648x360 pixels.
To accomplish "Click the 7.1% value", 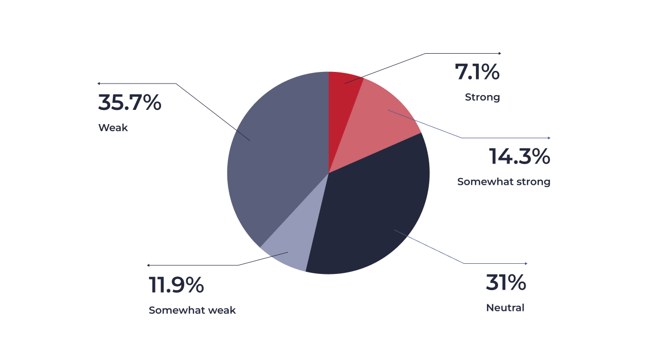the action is [x=477, y=72].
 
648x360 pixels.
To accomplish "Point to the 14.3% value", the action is [x=519, y=156].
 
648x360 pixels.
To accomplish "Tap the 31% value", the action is [x=506, y=283].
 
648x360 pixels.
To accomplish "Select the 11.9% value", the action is [x=176, y=285].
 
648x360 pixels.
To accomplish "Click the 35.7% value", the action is [x=130, y=102].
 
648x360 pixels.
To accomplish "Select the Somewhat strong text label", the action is [x=504, y=182].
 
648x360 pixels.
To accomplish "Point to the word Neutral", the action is [x=505, y=308].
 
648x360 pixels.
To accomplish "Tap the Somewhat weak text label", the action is [x=192, y=310].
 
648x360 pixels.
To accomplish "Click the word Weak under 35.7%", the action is [x=113, y=128].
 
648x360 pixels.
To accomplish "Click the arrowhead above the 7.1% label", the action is [x=500, y=53].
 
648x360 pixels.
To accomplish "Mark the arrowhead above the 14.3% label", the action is [x=549, y=138].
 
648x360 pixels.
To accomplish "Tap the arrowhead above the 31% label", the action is [x=526, y=264].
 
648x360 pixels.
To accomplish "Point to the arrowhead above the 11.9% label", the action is [x=148, y=265].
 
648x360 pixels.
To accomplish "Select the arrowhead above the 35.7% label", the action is [x=99, y=84].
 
